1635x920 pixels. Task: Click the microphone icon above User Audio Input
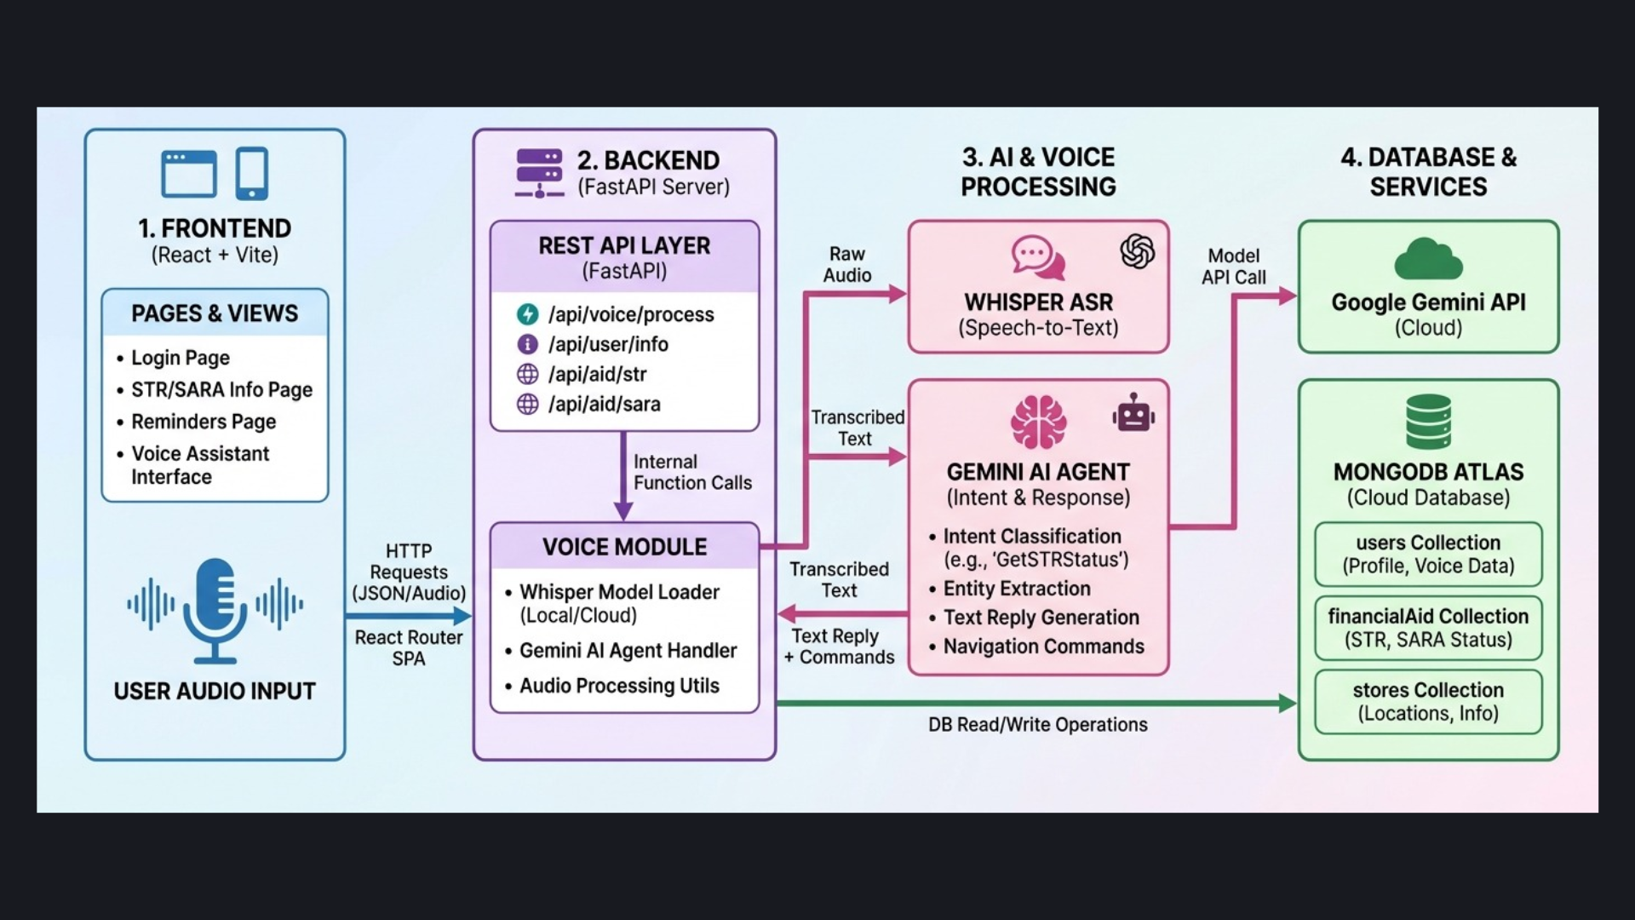[215, 610]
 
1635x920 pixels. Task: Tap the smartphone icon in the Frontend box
[252, 174]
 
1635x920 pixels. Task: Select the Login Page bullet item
[180, 358]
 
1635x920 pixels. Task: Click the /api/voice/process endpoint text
[630, 314]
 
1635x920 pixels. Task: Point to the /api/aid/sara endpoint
[604, 404]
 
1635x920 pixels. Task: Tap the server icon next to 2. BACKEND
[539, 173]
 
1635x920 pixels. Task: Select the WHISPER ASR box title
[1038, 302]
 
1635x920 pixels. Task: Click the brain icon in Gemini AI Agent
[1038, 423]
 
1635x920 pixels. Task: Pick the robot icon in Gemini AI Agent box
[1133, 414]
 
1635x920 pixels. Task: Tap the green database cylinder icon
[1428, 422]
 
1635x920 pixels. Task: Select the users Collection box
[1428, 554]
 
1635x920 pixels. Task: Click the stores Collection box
[1428, 701]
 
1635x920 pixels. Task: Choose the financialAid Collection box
[1428, 628]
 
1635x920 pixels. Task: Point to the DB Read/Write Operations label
[1037, 725]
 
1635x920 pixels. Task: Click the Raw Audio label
[847, 265]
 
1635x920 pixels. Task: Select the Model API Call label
[1233, 267]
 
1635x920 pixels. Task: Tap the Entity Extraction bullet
[1016, 589]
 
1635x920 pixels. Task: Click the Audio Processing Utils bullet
[619, 686]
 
